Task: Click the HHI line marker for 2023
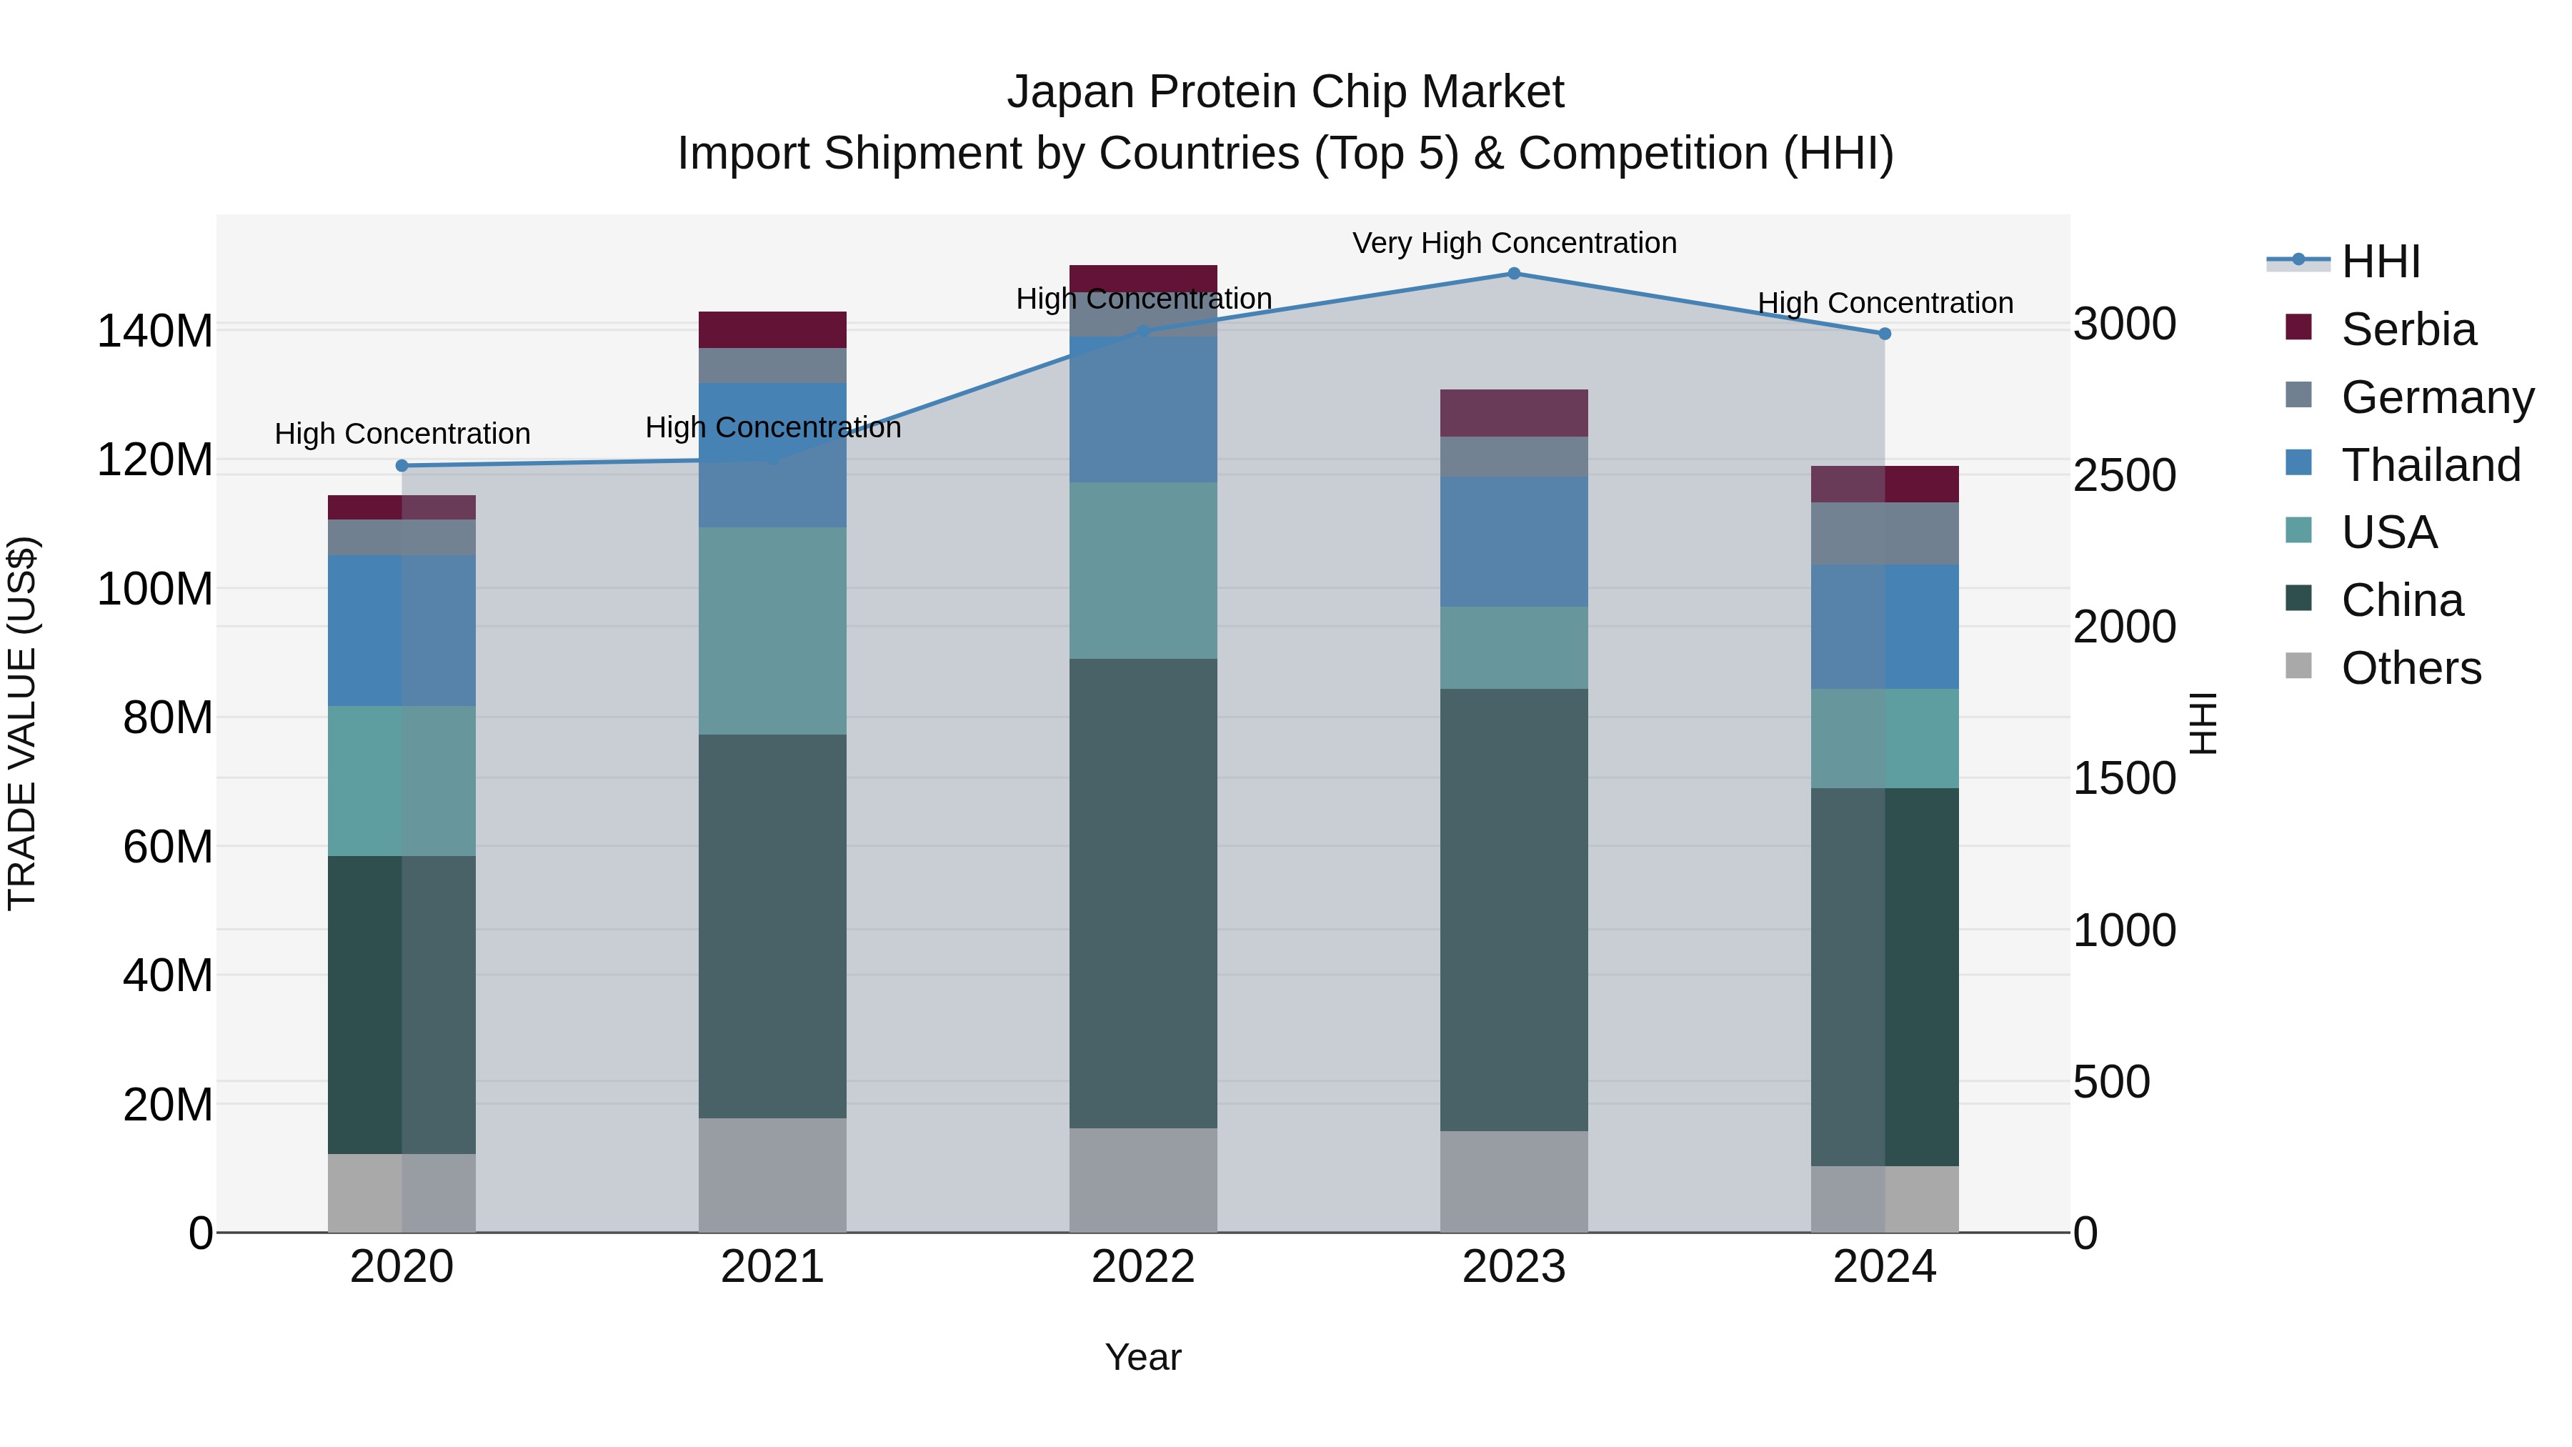1514,274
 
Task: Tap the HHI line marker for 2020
402,465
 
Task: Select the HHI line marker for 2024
1884,334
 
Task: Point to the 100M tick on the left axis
155,590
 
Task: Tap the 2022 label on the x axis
1143,1267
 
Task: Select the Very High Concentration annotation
1514,243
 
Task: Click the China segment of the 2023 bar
1514,909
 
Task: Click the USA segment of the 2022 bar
1143,570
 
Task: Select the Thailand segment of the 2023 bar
1514,541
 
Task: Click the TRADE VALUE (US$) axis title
22,723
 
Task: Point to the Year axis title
1143,1357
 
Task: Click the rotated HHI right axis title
2203,723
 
